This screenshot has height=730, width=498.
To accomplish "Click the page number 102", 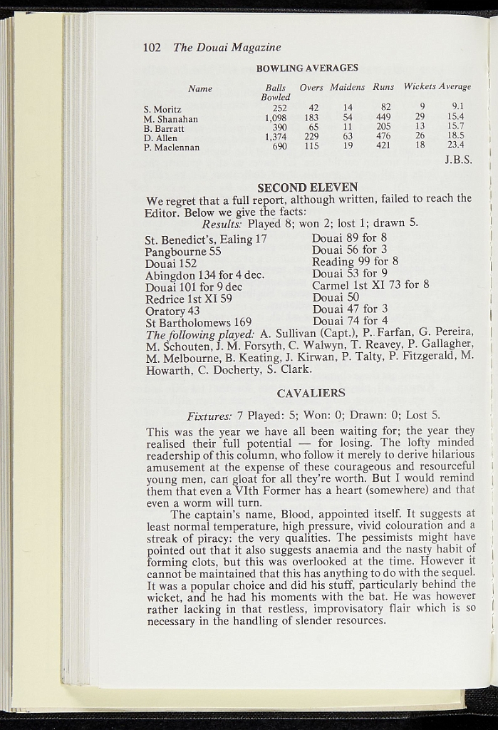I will pos(152,48).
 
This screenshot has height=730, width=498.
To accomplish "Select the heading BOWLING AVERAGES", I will pos(306,68).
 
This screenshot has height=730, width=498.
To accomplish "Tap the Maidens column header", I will pos(347,87).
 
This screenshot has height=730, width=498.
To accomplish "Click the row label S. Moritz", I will pos(162,109).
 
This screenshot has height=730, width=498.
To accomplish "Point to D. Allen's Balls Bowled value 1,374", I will pos(275,137).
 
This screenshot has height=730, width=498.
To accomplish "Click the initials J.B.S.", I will pos(458,160).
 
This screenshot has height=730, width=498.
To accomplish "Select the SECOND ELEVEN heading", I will pos(307,187).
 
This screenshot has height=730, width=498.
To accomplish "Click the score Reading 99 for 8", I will pos(355,262).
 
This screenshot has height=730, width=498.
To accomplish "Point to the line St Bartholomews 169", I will pos(198,322).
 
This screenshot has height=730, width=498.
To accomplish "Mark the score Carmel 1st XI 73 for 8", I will pos(370,285).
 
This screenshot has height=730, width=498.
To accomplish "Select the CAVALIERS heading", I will pos(311,394).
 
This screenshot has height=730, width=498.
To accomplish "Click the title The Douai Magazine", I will pos(227,48).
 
